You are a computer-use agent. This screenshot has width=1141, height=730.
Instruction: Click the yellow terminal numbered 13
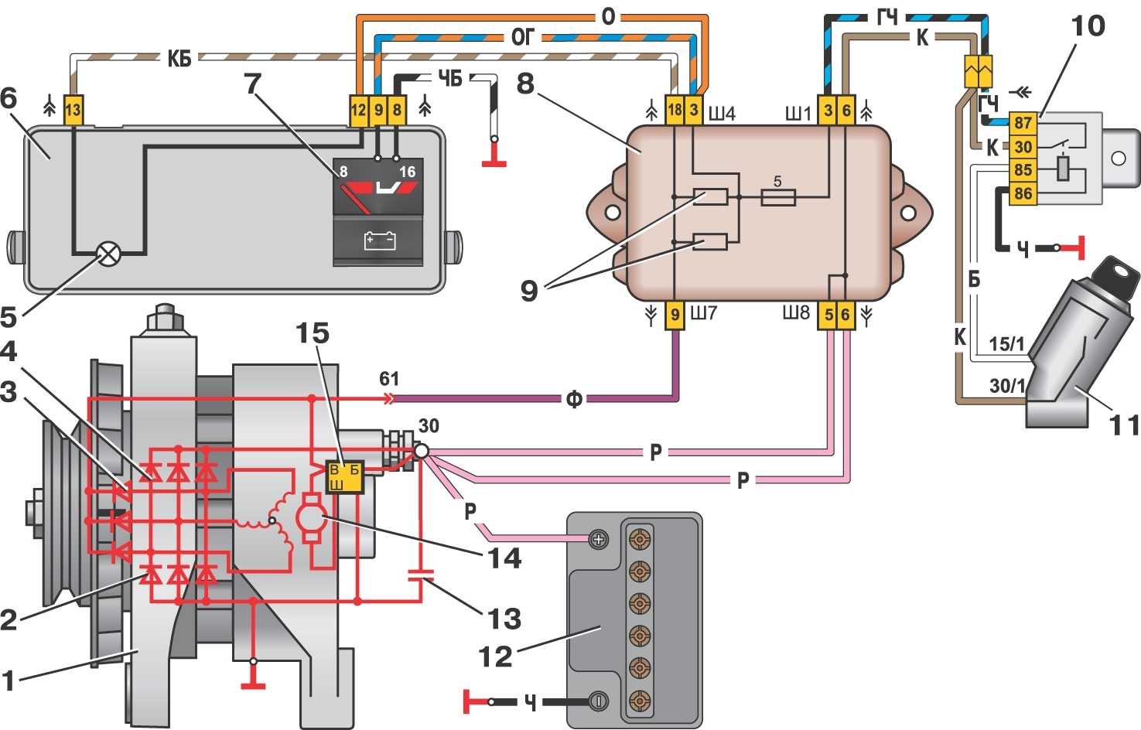[x=72, y=111]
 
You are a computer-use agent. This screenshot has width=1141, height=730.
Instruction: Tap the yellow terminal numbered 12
[x=358, y=111]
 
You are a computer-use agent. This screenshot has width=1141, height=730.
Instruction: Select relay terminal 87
[x=1023, y=123]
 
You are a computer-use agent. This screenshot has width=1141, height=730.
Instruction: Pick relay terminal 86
[x=1023, y=193]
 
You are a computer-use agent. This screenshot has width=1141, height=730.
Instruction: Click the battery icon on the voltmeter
[x=379, y=240]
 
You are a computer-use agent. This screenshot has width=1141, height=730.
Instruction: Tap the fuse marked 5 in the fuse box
[x=778, y=197]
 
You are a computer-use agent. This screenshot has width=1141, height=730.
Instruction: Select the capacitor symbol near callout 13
[x=421, y=575]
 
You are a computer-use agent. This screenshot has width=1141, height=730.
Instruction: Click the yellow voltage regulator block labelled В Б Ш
[x=345, y=476]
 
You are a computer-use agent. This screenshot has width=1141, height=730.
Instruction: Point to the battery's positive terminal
[x=599, y=539]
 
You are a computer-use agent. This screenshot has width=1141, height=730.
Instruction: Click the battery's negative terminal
[x=599, y=701]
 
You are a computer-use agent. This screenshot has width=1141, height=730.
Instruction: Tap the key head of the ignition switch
[x=1119, y=273]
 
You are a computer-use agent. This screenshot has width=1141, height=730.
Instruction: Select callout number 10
[x=1088, y=26]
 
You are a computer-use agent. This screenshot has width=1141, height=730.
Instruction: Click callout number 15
[x=312, y=333]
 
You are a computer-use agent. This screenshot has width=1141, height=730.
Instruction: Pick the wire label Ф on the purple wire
[x=573, y=399]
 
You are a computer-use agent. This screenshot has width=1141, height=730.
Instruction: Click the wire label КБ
[x=179, y=58]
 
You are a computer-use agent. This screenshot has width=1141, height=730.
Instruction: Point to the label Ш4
[x=721, y=114]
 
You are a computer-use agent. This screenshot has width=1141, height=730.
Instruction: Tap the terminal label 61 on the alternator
[x=389, y=378]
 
